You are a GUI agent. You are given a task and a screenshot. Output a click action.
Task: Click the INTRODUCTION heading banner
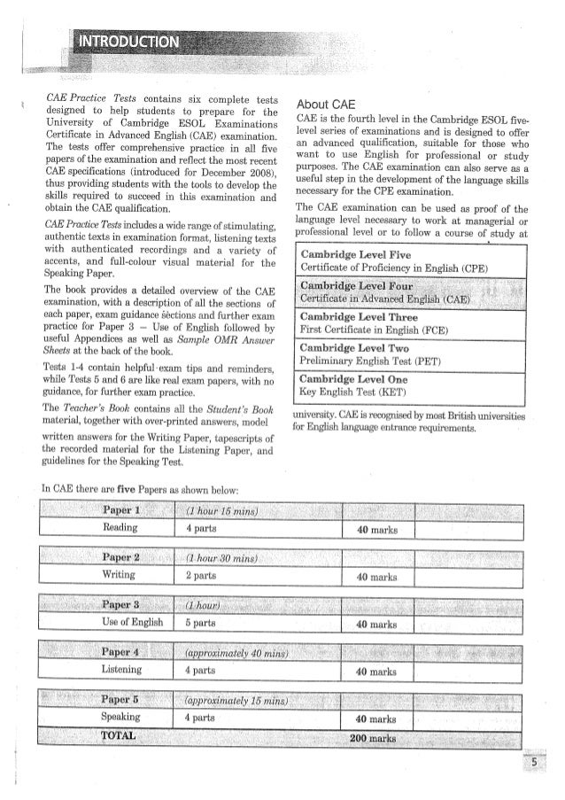coord(130,43)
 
